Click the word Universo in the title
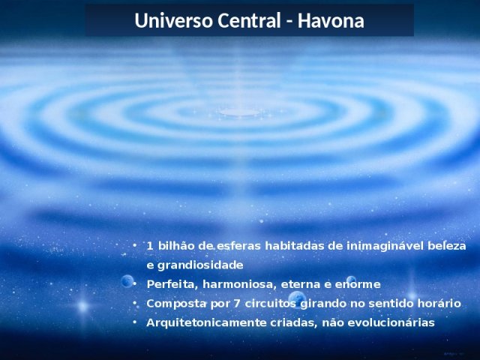click(173, 21)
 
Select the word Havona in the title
click(331, 21)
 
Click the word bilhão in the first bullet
click(176, 246)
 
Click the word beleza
click(447, 246)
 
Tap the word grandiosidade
click(200, 265)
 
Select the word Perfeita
click(170, 284)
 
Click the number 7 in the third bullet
click(237, 304)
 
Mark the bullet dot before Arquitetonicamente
click(135, 322)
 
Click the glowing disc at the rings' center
click(239, 112)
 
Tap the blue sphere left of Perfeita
click(127, 280)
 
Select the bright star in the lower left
click(83, 306)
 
